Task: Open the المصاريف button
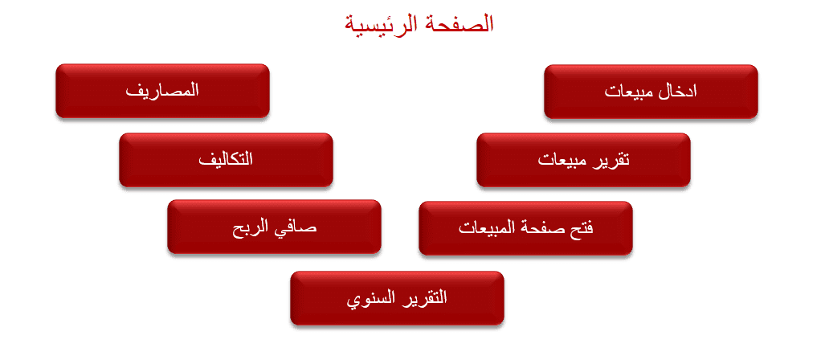coord(162,91)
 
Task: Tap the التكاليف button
coord(226,160)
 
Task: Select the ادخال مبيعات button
coord(651,92)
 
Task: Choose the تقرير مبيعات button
coord(583,160)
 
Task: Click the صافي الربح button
coord(274,227)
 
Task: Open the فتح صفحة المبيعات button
coord(525,228)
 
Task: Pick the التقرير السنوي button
coord(397,298)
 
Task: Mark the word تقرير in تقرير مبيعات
coord(611,161)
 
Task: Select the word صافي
coord(300,229)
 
